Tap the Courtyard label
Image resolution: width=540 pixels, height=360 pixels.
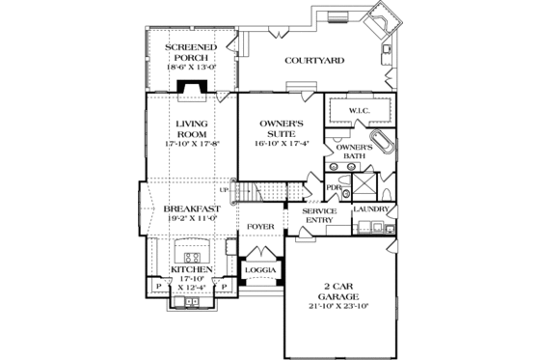[x=314, y=60]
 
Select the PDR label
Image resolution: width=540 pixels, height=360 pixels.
[x=334, y=188]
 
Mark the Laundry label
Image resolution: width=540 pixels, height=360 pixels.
[x=371, y=209]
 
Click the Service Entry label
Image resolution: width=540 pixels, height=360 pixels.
[x=319, y=216]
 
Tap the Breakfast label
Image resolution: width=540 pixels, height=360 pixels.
[x=189, y=208]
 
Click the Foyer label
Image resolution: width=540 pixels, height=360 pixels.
[x=260, y=227]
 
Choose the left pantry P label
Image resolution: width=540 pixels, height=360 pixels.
[x=156, y=287]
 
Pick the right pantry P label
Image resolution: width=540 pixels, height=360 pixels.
[x=224, y=287]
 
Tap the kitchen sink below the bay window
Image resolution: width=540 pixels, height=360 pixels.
[x=190, y=303]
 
